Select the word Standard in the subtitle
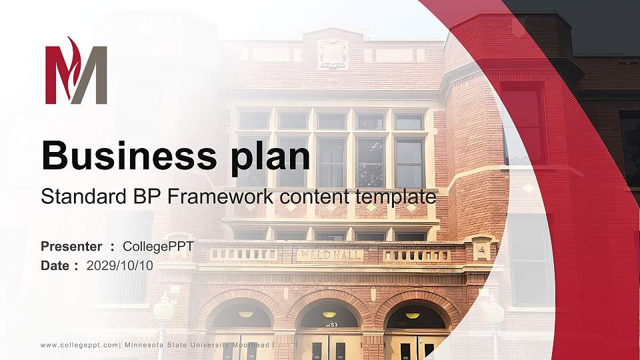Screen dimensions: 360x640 tap(75, 197)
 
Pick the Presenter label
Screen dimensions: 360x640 tap(71, 247)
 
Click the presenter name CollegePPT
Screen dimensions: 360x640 tap(158, 247)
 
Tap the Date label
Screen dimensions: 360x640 tap(55, 265)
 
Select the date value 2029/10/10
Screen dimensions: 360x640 tap(120, 265)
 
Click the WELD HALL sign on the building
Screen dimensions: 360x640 tap(330, 255)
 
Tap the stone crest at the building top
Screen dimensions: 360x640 tap(333, 53)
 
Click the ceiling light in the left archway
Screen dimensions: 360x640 tap(246, 314)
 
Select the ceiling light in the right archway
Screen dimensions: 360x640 tap(413, 315)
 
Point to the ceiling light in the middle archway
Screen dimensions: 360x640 tap(329, 315)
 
